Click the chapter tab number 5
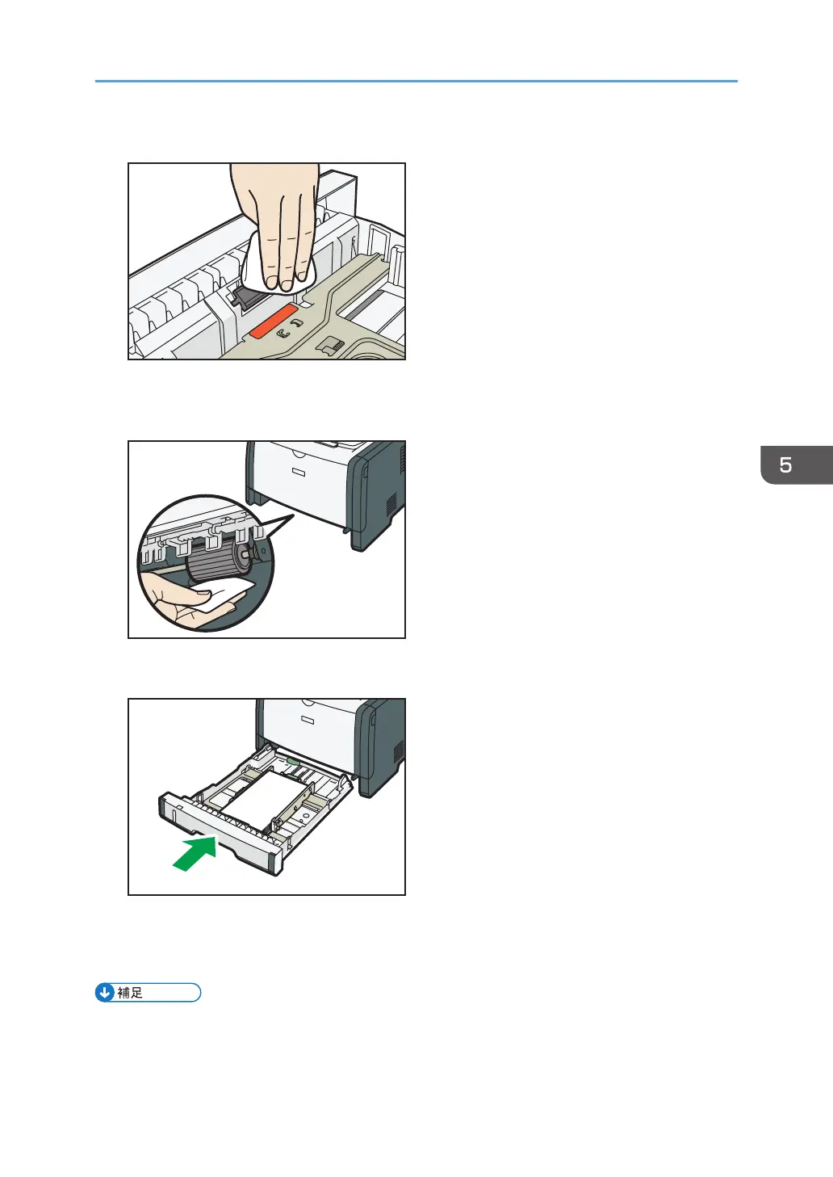tap(785, 464)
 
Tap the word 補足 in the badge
tap(130, 993)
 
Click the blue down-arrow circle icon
tap(105, 993)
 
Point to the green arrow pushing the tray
tap(195, 854)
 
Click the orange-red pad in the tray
tap(273, 321)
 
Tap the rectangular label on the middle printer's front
tap(299, 473)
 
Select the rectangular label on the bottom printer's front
tap(308, 720)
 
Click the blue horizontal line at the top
tap(416, 82)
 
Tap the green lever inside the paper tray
tap(293, 760)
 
